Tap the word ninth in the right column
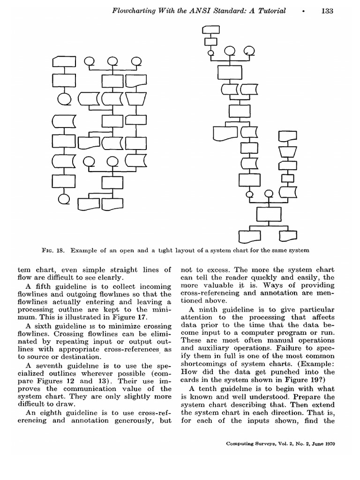tap(208, 310)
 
